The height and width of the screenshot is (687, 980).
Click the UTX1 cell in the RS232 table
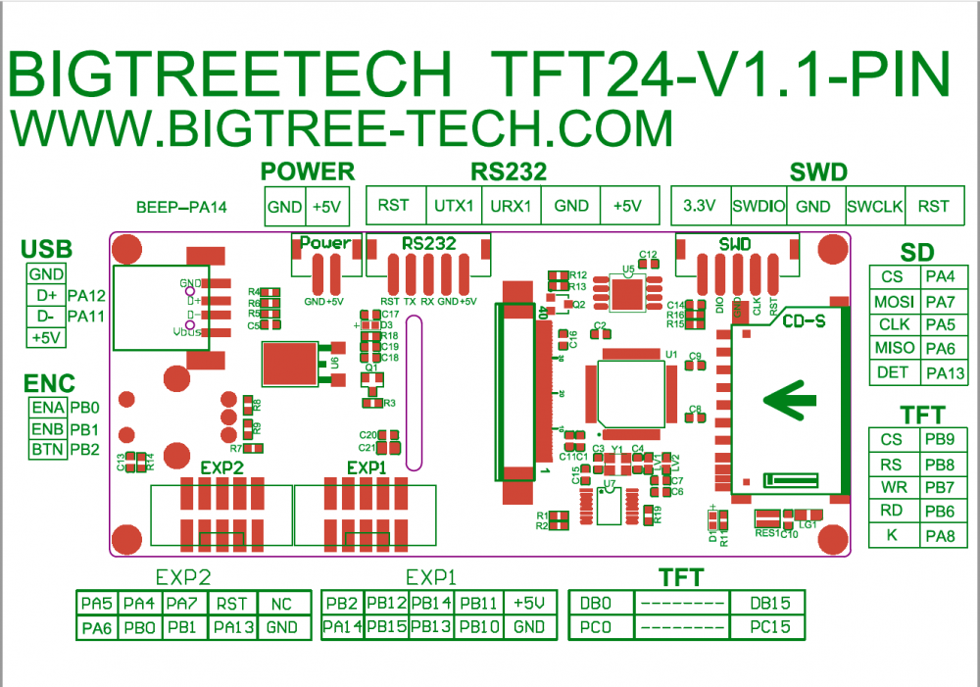pyautogui.click(x=454, y=206)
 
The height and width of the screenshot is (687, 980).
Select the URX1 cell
pyautogui.click(x=511, y=206)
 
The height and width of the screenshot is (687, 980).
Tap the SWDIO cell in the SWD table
pyautogui.click(x=759, y=206)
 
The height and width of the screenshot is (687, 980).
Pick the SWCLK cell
pyautogui.click(x=874, y=206)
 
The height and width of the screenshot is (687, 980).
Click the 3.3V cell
pyautogui.click(x=700, y=206)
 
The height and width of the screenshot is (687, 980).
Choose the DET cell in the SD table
pyautogui.click(x=893, y=372)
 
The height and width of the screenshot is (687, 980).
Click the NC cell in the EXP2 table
pyautogui.click(x=281, y=604)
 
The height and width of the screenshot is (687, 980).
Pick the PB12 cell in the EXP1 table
pyautogui.click(x=386, y=604)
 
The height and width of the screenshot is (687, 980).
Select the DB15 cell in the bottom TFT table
pyautogui.click(x=767, y=604)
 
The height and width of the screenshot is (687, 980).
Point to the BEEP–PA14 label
pyautogui.click(x=181, y=207)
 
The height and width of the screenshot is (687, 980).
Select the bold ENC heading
pyautogui.click(x=49, y=383)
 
